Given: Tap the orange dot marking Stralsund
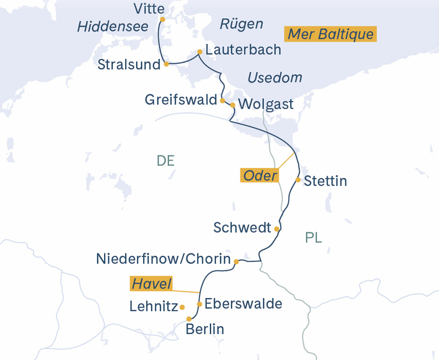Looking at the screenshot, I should pyautogui.click(x=165, y=63).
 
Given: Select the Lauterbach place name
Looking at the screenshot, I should pyautogui.click(x=243, y=50).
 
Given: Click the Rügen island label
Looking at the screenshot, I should pyautogui.click(x=241, y=24).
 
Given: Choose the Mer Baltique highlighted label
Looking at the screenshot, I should pyautogui.click(x=330, y=34).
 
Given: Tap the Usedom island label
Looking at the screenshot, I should pyautogui.click(x=275, y=78).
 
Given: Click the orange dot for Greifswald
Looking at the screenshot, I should pyautogui.click(x=223, y=101).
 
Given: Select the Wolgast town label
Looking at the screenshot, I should pyautogui.click(x=266, y=104).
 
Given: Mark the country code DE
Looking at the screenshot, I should pyautogui.click(x=165, y=161).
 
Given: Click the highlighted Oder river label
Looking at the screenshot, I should pyautogui.click(x=260, y=176).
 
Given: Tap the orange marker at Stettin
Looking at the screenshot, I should pyautogui.click(x=298, y=179).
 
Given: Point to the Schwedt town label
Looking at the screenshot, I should pyautogui.click(x=242, y=228).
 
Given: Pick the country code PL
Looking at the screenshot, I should pyautogui.click(x=313, y=238).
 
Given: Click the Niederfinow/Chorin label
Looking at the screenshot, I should pyautogui.click(x=164, y=259).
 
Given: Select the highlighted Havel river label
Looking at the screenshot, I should pyautogui.click(x=152, y=284).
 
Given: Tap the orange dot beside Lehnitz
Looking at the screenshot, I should pyautogui.click(x=182, y=307).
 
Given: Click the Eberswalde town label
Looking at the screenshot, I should pyautogui.click(x=243, y=304).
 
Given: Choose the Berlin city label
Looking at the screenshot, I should pyautogui.click(x=205, y=329).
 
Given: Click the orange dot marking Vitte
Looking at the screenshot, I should pyautogui.click(x=162, y=19).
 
